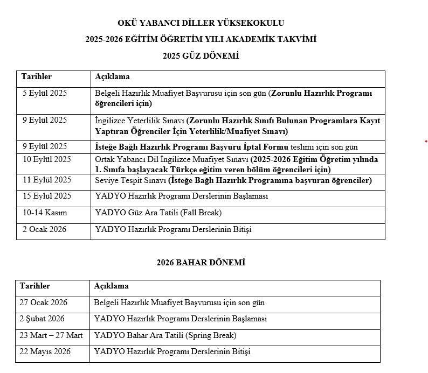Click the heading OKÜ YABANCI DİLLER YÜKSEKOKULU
point(201,23)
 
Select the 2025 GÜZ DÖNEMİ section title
point(201,56)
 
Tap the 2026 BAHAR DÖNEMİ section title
point(201,263)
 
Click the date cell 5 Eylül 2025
point(45,93)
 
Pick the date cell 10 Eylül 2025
point(47,159)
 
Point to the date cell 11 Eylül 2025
point(47,180)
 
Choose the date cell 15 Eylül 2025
point(47,196)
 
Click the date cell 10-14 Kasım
point(45,213)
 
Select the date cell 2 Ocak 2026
point(45,229)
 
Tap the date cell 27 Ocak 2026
point(45,302)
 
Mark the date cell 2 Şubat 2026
point(43,319)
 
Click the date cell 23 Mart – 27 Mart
point(51,335)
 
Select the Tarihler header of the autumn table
point(37,77)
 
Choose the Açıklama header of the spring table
point(111,286)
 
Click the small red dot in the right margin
point(425,142)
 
